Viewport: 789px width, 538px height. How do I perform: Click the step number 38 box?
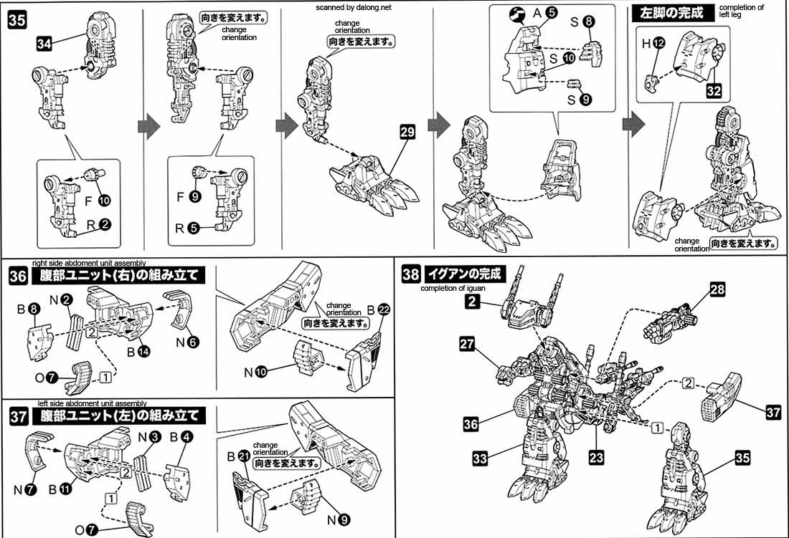click(411, 274)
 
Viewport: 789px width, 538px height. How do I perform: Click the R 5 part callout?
click(185, 231)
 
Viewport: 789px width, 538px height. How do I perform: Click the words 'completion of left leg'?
click(741, 12)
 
